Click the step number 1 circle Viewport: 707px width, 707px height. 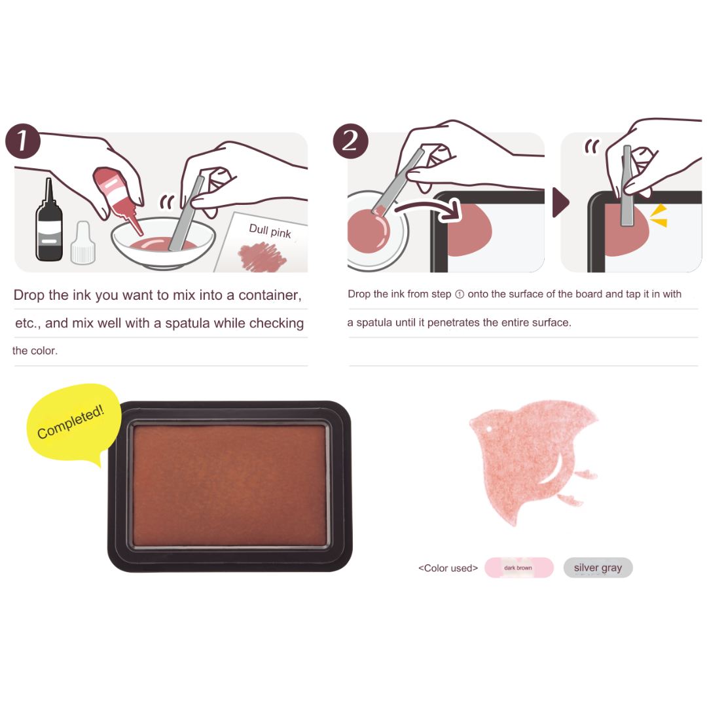tap(23, 141)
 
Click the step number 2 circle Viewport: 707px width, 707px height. tap(350, 141)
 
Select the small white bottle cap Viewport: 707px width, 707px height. tap(83, 243)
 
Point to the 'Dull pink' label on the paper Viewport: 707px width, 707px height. tap(270, 231)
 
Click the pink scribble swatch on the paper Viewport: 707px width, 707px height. tap(261, 257)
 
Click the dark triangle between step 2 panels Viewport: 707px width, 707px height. tap(561, 202)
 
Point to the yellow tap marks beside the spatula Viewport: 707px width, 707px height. tap(659, 215)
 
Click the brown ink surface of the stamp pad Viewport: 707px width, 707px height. tap(230, 485)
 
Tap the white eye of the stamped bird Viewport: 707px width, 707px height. tap(489, 429)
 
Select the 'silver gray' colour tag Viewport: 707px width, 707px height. tap(598, 568)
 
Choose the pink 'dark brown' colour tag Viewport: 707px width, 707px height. tap(519, 568)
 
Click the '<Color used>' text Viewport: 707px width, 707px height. tap(448, 568)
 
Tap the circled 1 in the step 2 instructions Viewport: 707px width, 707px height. tap(460, 295)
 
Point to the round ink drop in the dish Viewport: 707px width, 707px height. tap(369, 230)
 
